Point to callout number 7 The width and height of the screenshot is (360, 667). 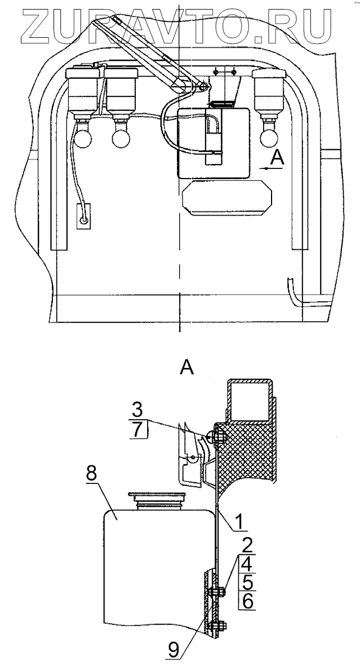coord(139,430)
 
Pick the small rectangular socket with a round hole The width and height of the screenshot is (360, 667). coord(83,216)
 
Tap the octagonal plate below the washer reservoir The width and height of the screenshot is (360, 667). coord(226,199)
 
